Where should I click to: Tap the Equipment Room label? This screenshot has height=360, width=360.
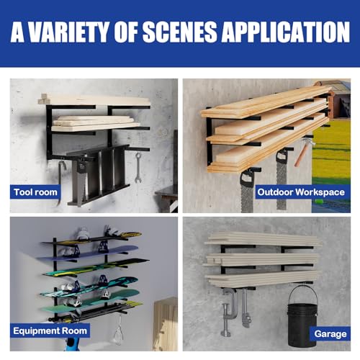point(50,330)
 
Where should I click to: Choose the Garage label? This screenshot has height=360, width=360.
point(328,333)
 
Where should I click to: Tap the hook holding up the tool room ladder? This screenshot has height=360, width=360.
point(62,174)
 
